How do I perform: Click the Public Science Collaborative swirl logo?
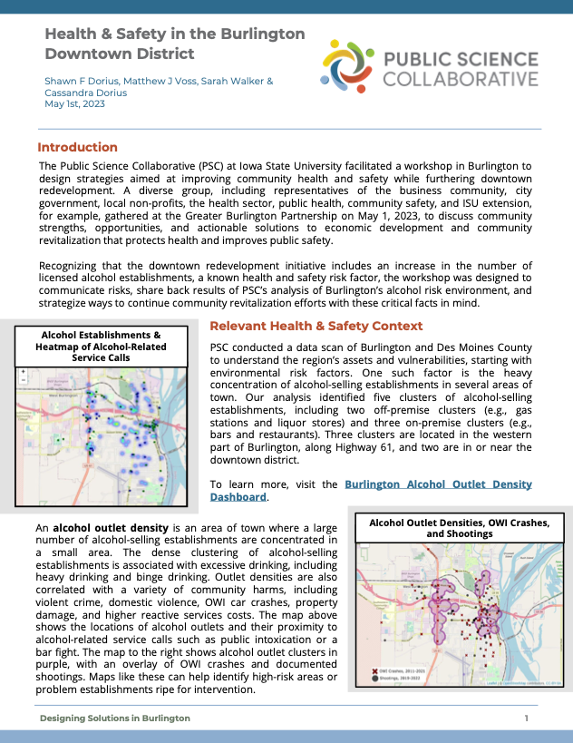point(349,67)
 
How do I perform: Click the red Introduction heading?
point(77,147)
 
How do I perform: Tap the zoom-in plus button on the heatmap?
point(23,371)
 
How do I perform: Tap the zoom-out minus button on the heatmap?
point(23,379)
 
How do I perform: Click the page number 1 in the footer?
point(526,718)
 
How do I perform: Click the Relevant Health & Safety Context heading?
point(316,326)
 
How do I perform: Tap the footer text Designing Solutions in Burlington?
point(114,718)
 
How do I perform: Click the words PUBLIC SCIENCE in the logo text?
point(460,61)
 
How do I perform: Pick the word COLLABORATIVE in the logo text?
point(460,79)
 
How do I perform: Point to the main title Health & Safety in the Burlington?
point(175,34)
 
